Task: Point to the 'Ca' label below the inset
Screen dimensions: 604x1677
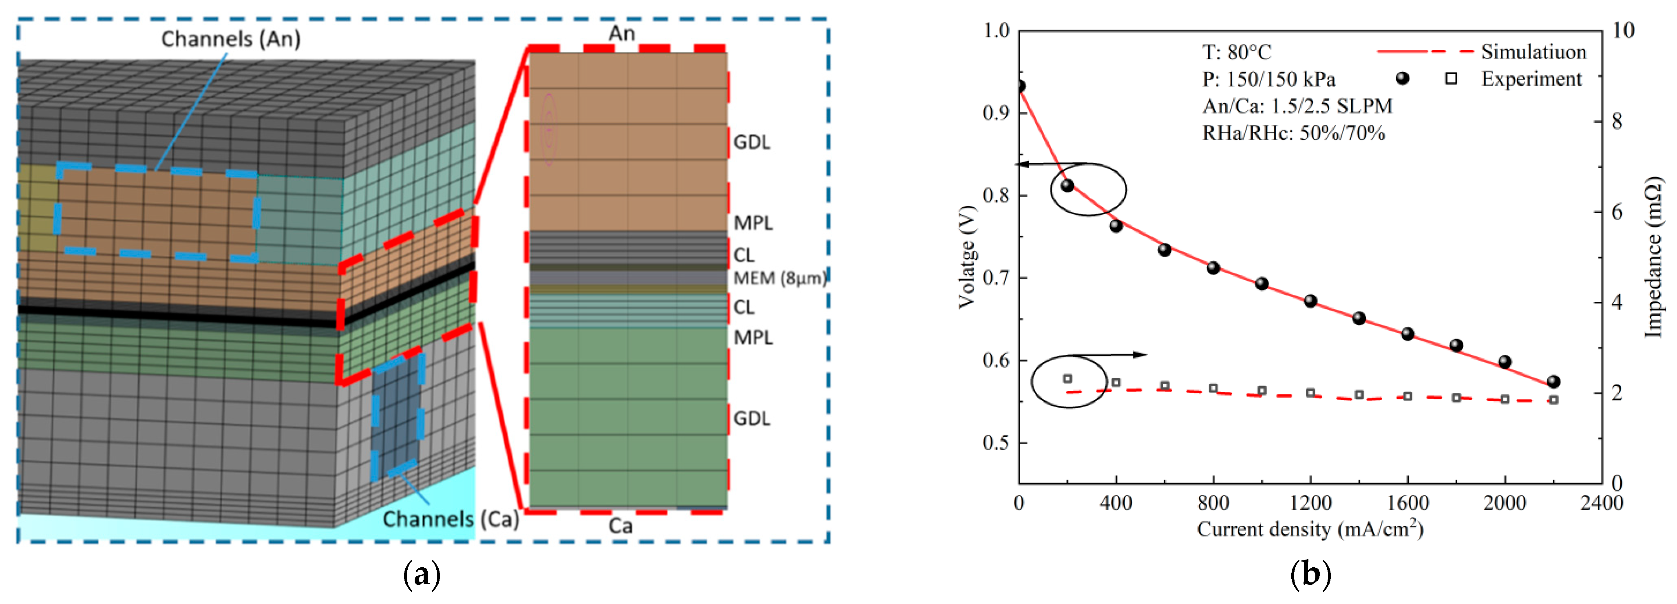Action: point(621,526)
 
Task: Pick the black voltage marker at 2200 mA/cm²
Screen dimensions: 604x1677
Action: point(1553,381)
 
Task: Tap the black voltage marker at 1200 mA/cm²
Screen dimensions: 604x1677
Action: point(1310,301)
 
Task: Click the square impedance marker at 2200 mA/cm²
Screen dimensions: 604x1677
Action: point(1553,400)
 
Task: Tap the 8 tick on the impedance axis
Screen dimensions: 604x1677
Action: point(1617,121)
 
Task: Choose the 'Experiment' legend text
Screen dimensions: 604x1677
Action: point(1531,79)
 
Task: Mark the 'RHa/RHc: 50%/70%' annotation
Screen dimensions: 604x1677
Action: point(1293,133)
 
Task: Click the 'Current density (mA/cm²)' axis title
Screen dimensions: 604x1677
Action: point(1310,529)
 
